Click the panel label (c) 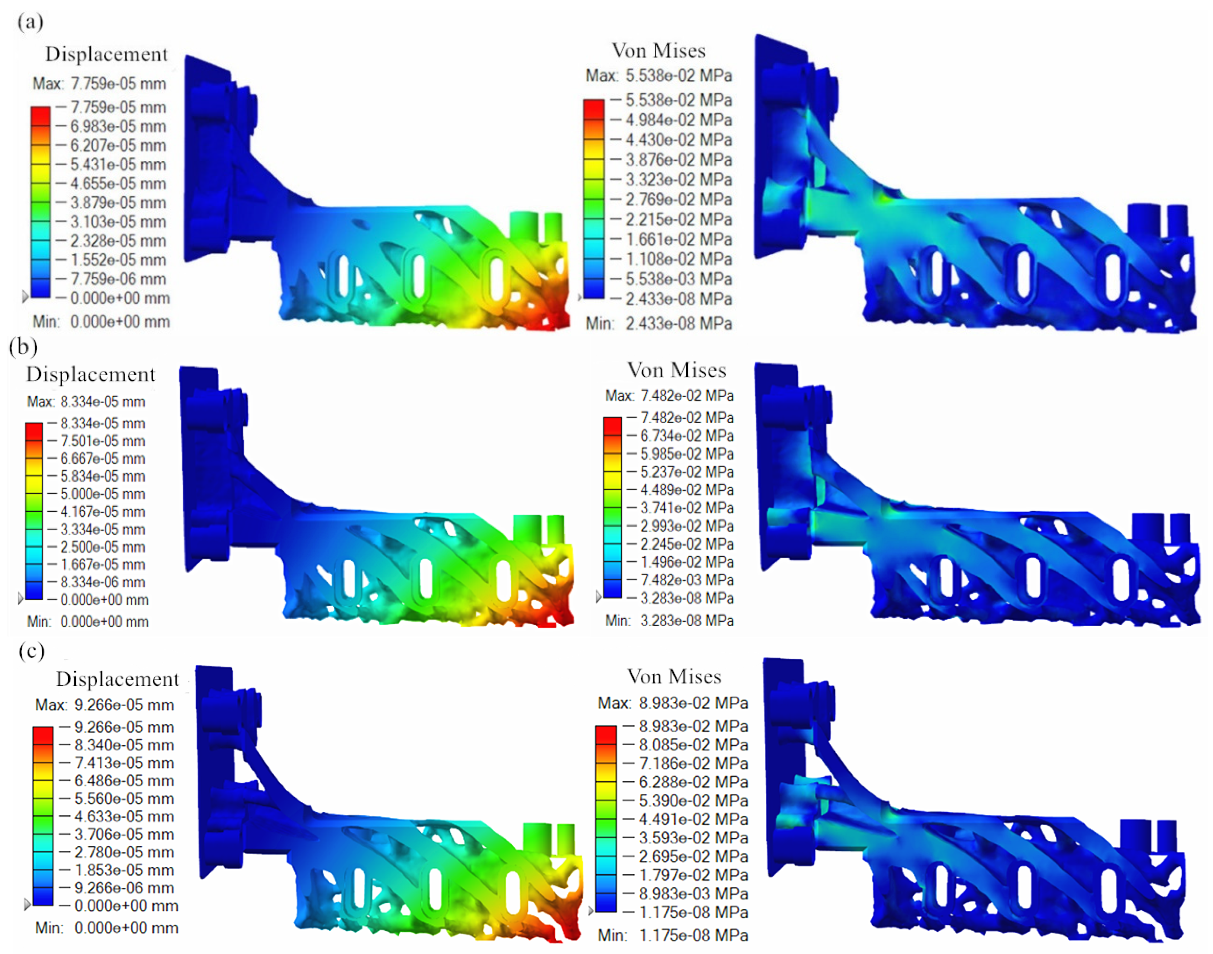31,651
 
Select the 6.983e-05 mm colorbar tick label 118,126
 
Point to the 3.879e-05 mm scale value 118,202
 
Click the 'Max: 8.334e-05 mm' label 86,402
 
